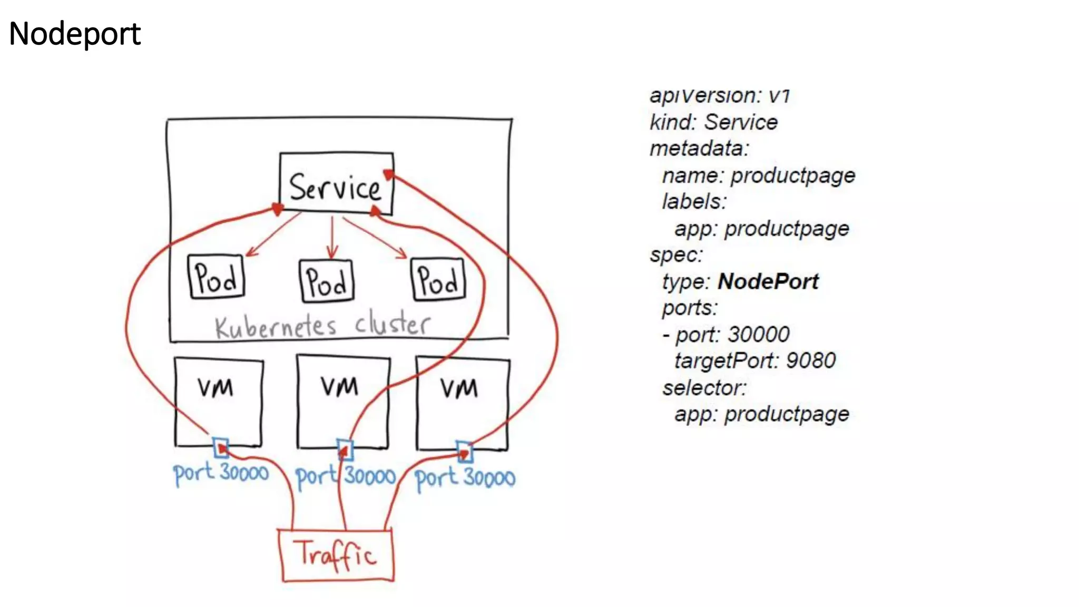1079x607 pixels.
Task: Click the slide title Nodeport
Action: coord(75,34)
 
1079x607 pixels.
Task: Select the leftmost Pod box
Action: coord(216,277)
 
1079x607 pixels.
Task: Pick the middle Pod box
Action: coord(327,281)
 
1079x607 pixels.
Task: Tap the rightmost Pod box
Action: coord(438,279)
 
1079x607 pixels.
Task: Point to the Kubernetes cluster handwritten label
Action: coord(322,326)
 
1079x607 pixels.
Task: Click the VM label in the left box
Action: coord(215,388)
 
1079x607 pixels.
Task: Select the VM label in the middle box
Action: coord(339,386)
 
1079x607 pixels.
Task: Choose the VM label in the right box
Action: coord(459,389)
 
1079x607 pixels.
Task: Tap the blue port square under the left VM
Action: coord(221,447)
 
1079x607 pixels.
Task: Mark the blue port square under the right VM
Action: coord(464,452)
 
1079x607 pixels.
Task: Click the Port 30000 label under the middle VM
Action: coord(346,476)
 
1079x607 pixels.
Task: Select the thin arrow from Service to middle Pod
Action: coord(332,237)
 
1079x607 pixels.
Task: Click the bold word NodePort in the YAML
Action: coord(768,281)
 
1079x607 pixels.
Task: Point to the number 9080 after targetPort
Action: coord(811,361)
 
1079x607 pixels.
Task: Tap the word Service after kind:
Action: coord(741,122)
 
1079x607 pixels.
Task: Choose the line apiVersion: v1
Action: coord(720,95)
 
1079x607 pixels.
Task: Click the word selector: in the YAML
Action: coord(704,388)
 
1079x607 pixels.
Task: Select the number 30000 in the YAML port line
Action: coord(759,335)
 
